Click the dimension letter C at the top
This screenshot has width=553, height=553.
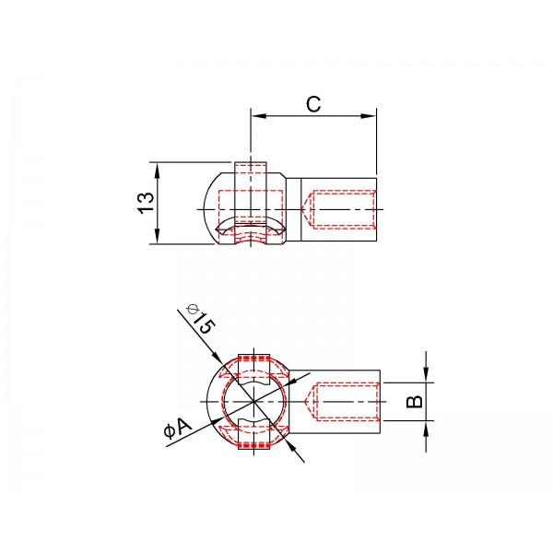tap(313, 103)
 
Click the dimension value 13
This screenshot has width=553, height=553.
tap(146, 203)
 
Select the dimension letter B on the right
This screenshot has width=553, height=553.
tap(415, 401)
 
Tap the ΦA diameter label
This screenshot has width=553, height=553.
tap(178, 428)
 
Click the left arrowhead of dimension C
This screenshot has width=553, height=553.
tap(259, 116)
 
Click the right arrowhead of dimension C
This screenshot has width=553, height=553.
tap(368, 116)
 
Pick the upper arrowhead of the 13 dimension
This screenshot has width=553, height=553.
tap(158, 171)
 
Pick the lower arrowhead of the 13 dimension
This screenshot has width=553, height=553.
tap(158, 236)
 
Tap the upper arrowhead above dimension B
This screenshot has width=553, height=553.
tap(426, 375)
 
